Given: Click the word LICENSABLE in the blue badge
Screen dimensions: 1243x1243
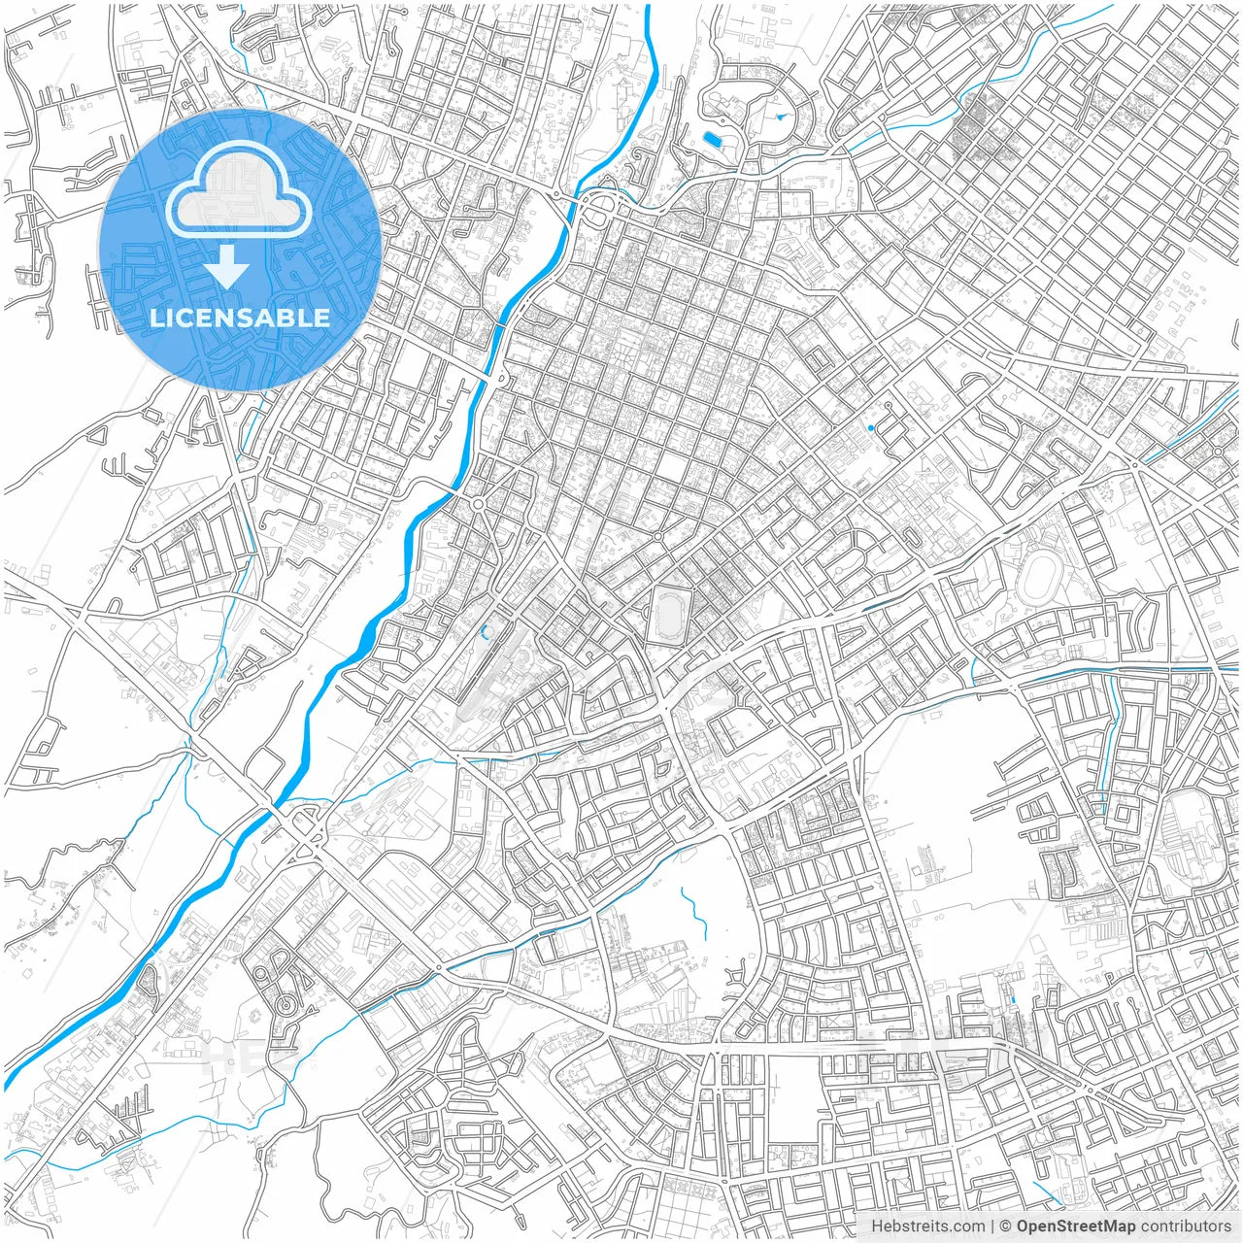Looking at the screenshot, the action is [x=240, y=318].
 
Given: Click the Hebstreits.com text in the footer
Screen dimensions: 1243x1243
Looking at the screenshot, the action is [x=927, y=1226].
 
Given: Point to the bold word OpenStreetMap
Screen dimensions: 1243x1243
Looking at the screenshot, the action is [x=1076, y=1226].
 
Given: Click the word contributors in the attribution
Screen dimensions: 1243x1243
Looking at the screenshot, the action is [x=1186, y=1226].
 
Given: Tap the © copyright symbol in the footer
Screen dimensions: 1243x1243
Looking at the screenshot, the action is [x=1006, y=1226].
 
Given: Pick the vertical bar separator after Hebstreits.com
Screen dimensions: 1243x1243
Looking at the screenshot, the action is [x=992, y=1226].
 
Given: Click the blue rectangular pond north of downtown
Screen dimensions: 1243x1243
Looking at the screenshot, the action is [x=714, y=139].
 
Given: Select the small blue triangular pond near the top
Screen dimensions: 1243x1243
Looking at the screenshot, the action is [x=780, y=118].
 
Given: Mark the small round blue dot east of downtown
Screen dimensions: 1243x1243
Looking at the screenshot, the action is [x=871, y=427].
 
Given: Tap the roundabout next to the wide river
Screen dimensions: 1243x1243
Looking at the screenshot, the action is [x=479, y=503].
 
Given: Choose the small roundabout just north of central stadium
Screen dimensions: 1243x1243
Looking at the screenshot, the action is [x=657, y=536].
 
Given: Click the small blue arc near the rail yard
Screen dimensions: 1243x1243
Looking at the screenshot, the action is [x=484, y=633].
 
